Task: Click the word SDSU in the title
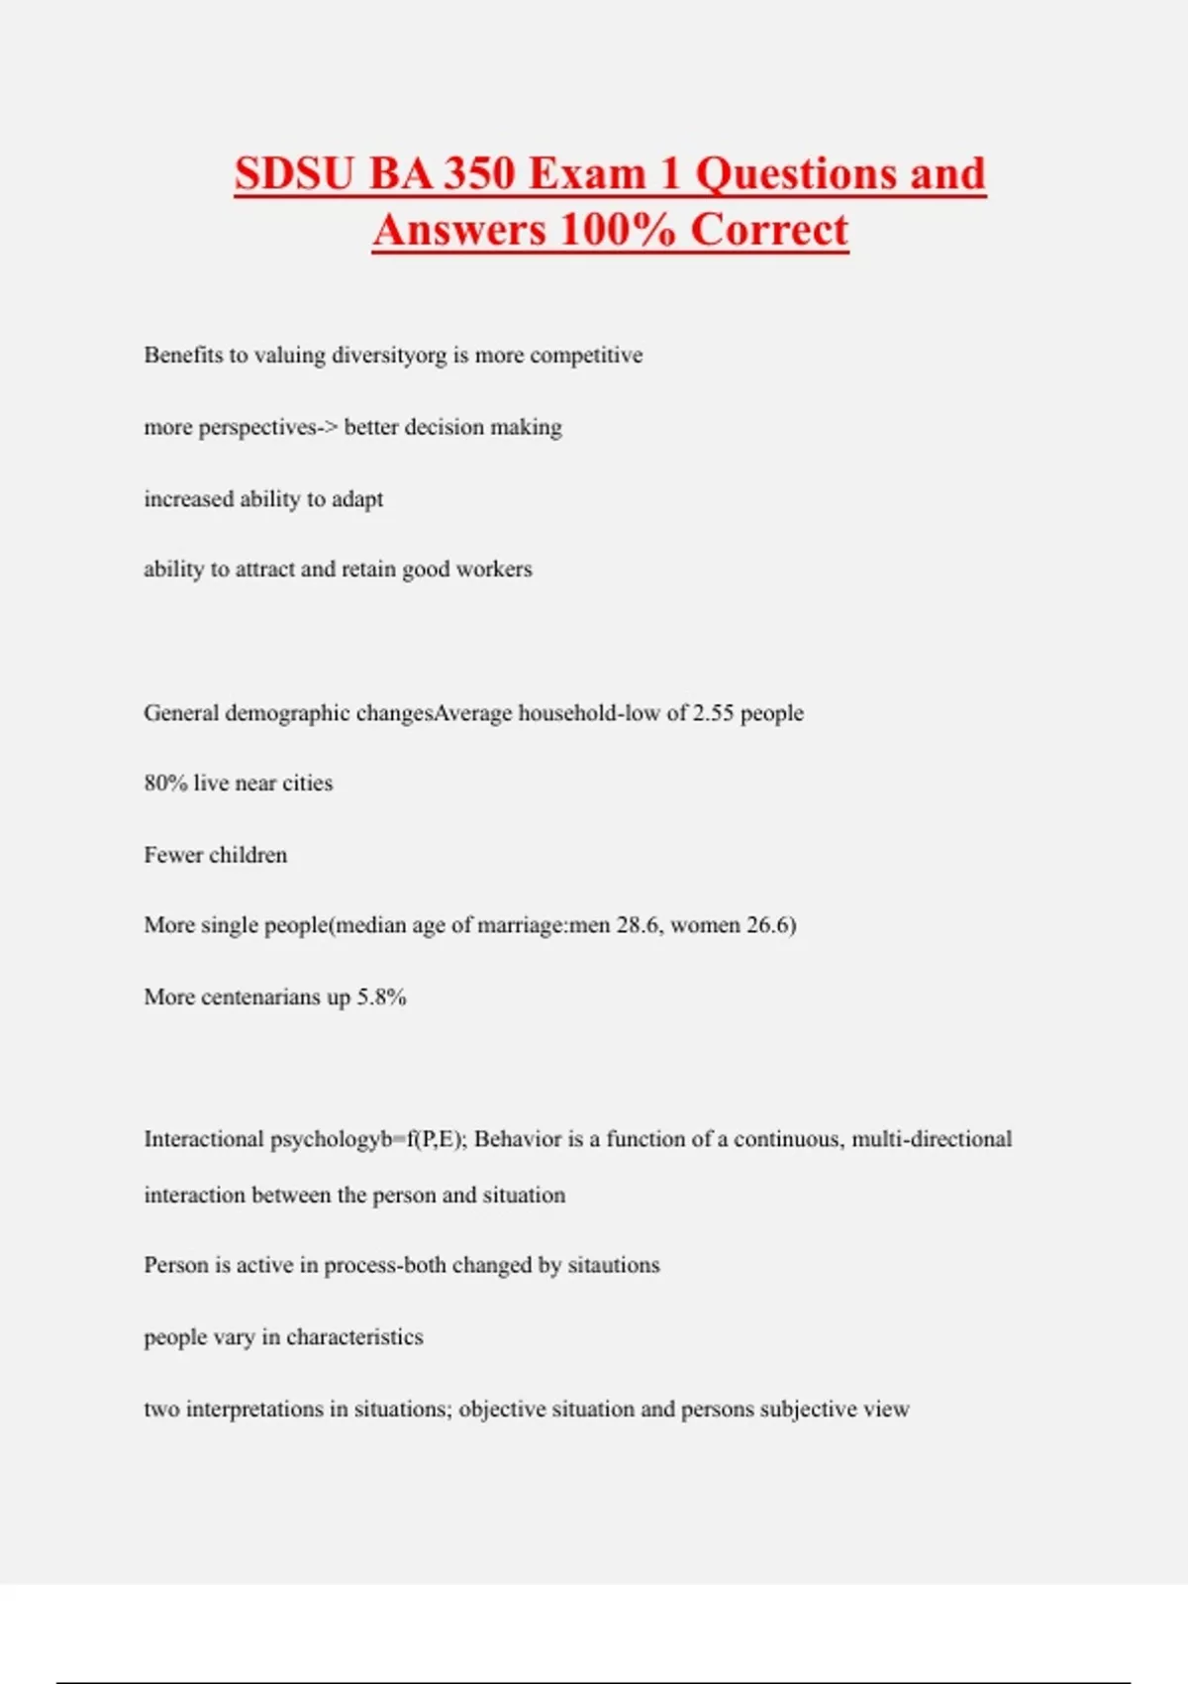[x=294, y=173]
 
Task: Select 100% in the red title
[x=618, y=230]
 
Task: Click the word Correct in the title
[x=769, y=230]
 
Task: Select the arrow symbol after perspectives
[x=328, y=427]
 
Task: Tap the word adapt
[x=357, y=499]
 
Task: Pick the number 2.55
[x=713, y=713]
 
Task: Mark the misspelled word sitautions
[x=613, y=1265]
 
